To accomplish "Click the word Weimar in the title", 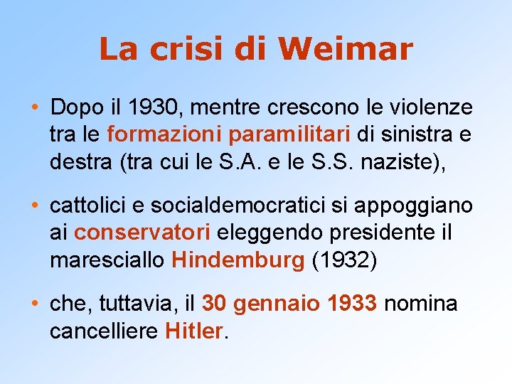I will (346, 49).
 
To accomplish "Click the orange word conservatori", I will (142, 232).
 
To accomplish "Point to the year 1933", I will (353, 305).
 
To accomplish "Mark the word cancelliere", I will (105, 331).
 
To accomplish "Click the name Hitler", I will (193, 331).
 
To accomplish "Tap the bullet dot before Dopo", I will (35, 109).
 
